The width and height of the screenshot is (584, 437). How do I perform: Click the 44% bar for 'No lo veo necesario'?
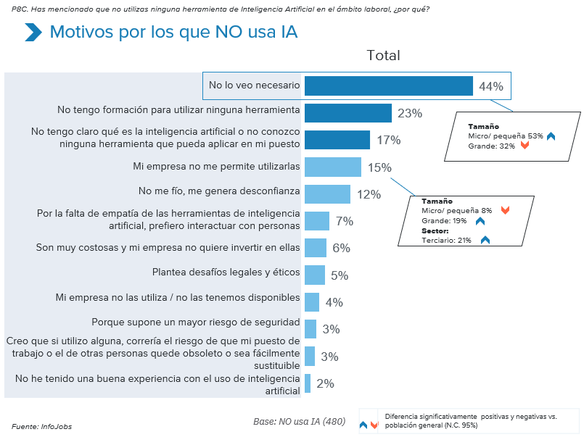pos(388,86)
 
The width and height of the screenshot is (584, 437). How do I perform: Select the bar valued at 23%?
pos(347,113)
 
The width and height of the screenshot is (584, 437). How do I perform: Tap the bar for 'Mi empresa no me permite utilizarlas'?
pos(332,167)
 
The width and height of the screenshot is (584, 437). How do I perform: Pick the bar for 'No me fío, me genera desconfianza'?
pos(327,194)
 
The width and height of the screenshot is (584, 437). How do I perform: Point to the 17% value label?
pos(388,140)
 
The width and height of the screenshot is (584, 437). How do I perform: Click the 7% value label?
pos(344,221)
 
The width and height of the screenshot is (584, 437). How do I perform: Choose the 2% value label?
pos(325,383)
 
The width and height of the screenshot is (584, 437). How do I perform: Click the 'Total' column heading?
pos(383,56)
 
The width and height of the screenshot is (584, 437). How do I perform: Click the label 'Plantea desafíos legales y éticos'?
pos(226,274)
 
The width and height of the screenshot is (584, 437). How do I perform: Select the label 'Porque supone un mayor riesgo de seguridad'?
pos(195,321)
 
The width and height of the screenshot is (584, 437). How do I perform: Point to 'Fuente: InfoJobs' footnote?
pos(41,426)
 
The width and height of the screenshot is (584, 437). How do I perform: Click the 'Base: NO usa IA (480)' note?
pos(299,421)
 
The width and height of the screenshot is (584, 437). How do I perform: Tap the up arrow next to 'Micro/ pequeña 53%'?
pos(551,136)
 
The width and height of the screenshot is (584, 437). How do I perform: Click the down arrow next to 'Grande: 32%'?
pos(525,146)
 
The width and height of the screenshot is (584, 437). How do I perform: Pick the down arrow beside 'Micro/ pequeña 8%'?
pos(505,210)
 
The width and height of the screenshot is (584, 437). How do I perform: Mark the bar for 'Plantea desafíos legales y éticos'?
pos(315,275)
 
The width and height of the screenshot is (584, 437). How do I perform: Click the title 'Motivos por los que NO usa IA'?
pos(173,33)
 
